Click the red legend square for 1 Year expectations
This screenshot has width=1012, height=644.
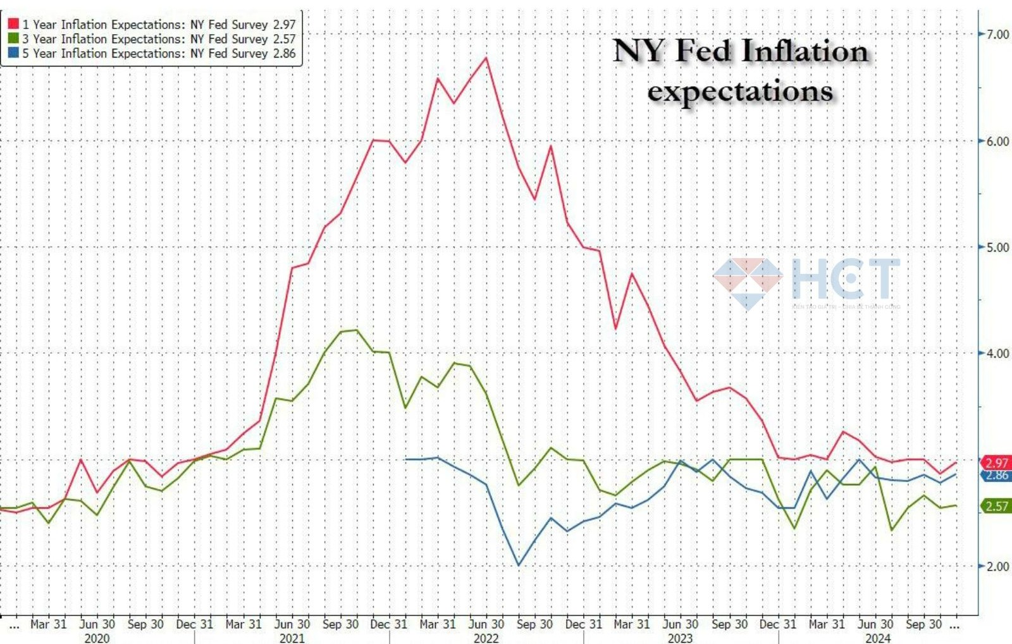pyautogui.click(x=13, y=24)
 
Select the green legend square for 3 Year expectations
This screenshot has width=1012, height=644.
pyautogui.click(x=13, y=39)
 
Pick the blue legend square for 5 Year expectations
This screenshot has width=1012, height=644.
pyautogui.click(x=13, y=53)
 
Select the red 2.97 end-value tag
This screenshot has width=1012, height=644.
pyautogui.click(x=996, y=463)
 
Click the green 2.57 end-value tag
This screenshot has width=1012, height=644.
pyautogui.click(x=997, y=506)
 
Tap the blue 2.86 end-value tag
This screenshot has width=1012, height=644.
pyautogui.click(x=997, y=476)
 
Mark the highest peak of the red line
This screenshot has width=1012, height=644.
pyautogui.click(x=486, y=58)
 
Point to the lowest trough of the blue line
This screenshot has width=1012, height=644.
pyautogui.click(x=519, y=565)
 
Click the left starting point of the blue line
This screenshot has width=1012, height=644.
pyautogui.click(x=405, y=459)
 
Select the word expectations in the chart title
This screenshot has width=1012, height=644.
pyautogui.click(x=739, y=92)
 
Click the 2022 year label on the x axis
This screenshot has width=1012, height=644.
pyautogui.click(x=486, y=638)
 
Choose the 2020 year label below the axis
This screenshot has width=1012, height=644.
pyautogui.click(x=97, y=638)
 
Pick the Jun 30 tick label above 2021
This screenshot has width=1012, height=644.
pyautogui.click(x=292, y=624)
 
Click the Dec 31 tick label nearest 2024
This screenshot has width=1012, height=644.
pyautogui.click(x=777, y=624)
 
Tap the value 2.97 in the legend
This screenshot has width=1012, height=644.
pyautogui.click(x=284, y=25)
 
